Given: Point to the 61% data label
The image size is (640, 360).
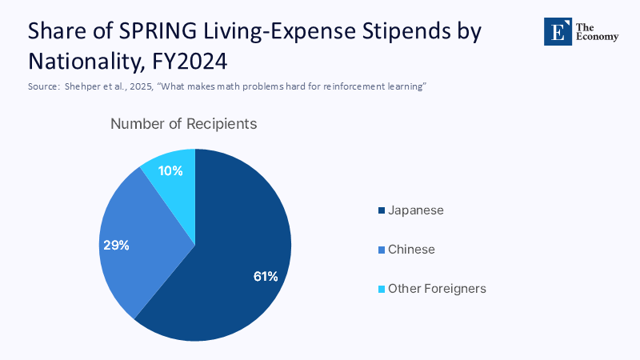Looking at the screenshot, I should [265, 277].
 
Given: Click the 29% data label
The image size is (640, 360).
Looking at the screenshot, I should [116, 245].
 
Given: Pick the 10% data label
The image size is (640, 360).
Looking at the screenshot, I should [170, 170].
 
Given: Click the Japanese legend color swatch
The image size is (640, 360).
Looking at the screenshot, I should [381, 210].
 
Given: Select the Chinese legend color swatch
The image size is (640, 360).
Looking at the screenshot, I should [381, 250].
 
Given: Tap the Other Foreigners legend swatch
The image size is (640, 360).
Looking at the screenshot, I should [381, 289].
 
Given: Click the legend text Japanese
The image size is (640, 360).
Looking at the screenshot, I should [415, 210].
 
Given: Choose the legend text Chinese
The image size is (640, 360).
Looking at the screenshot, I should [411, 250].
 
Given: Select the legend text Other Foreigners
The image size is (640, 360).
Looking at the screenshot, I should [437, 289].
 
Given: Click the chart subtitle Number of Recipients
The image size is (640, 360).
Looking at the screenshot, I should [183, 124].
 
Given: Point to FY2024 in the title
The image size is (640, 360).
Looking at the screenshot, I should [201, 60].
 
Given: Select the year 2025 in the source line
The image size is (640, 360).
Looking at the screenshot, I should [140, 86].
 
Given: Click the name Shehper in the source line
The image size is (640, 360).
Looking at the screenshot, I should [82, 86].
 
